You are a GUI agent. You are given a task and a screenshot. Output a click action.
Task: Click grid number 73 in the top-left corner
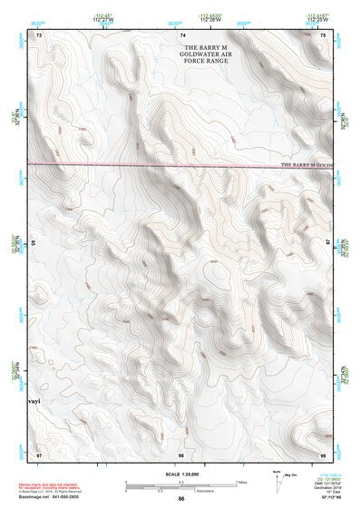coord(40,34)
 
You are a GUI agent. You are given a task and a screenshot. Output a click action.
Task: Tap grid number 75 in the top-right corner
coord(323,34)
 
